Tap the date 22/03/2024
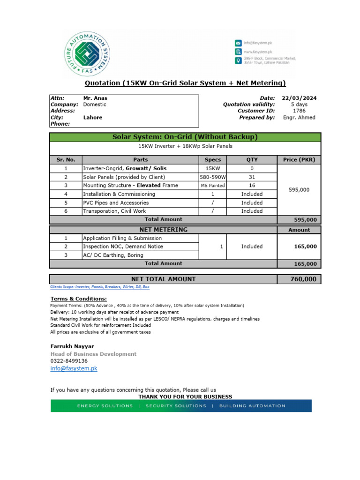299,98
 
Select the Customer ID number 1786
299,111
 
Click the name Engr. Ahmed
299,118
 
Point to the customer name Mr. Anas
95,98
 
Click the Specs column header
213,159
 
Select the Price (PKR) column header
299,159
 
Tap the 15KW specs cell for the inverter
213,168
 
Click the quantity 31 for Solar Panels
252,177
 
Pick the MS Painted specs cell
213,186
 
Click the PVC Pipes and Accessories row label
116,203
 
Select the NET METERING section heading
163,230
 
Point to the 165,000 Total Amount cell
305,264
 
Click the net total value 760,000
304,279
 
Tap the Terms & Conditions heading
78,299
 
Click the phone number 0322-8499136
69,361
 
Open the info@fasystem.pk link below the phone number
74,369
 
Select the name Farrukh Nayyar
72,346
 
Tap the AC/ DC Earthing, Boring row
115,255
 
